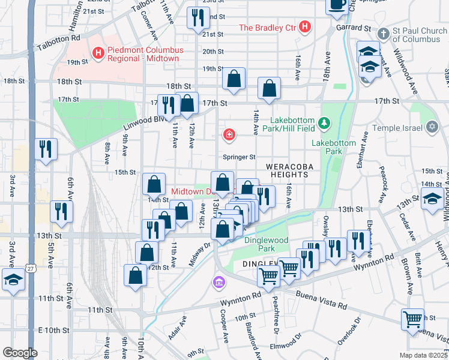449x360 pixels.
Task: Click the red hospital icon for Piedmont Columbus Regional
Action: [x=98, y=54]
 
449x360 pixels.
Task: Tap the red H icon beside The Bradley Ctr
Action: [x=305, y=27]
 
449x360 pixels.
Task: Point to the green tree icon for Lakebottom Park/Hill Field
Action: [x=325, y=123]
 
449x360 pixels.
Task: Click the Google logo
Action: [x=19, y=352]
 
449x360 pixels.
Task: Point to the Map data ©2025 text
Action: [x=423, y=355]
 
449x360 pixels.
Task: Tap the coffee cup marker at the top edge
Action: [x=336, y=5]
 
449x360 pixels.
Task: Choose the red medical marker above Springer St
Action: [x=229, y=135]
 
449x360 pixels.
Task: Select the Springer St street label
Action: [x=240, y=157]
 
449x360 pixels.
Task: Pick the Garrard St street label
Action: [x=354, y=28]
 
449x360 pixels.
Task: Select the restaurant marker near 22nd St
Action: [x=196, y=18]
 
